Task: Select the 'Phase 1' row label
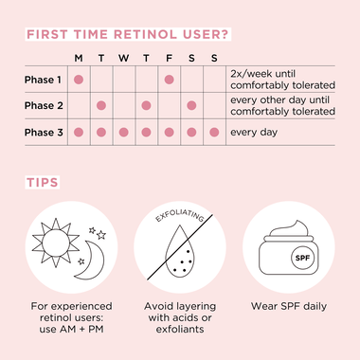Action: click(45, 80)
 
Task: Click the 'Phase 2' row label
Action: click(45, 105)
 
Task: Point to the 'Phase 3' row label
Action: click(45, 132)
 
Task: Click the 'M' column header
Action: click(78, 59)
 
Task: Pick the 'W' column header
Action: click(123, 59)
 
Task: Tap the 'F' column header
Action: click(169, 59)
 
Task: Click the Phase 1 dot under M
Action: click(78, 80)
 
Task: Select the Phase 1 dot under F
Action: click(169, 80)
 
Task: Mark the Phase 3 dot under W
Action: click(123, 132)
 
